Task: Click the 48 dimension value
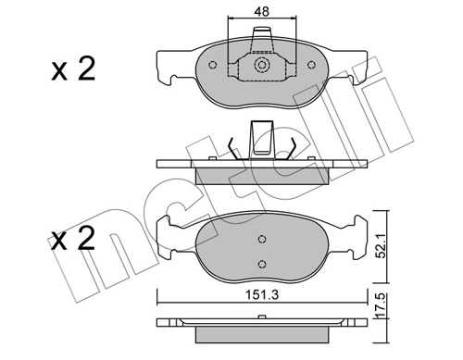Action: coord(261,13)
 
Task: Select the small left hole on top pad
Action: coord(214,66)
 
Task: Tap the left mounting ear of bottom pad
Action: coord(171,233)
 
